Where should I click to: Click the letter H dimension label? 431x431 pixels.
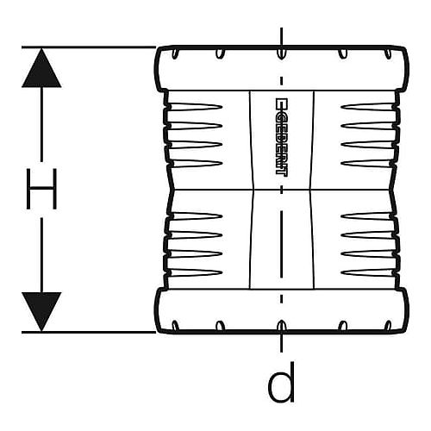point(41,189)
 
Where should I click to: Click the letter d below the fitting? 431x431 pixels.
point(281,382)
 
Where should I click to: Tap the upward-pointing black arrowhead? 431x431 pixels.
point(41,68)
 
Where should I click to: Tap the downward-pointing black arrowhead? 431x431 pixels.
point(41,311)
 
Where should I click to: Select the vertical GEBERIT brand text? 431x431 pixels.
point(281,137)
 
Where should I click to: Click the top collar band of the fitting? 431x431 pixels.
point(282,68)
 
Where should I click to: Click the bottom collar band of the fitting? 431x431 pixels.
point(282,311)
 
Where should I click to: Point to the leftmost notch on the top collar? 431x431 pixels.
point(175,53)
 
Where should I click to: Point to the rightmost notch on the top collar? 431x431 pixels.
point(388,53)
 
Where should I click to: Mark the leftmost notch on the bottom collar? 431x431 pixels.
point(175,326)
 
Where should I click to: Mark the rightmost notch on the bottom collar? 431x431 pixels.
point(388,326)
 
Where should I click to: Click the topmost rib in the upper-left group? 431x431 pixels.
point(197,107)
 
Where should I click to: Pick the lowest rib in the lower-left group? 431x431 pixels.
point(197,272)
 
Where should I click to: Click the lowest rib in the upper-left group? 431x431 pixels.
point(197,164)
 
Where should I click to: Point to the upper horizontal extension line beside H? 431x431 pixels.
point(89,47)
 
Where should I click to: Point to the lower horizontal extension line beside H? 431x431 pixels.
point(89,333)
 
